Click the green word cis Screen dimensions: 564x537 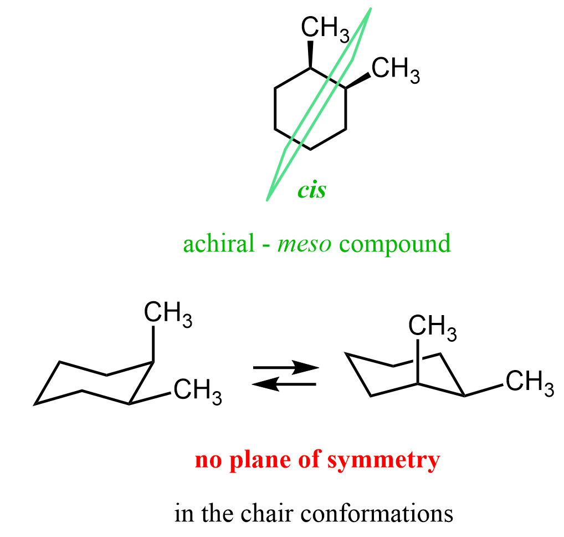pos(312,190)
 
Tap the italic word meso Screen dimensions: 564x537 pos(304,244)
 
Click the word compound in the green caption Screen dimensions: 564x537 pos(395,245)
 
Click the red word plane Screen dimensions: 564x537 pos(260,460)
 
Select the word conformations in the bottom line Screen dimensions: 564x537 pos(377,513)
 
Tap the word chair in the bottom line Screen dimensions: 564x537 pos(268,513)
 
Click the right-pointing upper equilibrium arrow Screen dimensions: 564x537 pos(286,367)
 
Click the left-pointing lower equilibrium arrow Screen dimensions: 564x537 pos(284,384)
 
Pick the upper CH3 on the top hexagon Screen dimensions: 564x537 pos(325,29)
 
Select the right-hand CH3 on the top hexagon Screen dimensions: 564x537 pos(396,70)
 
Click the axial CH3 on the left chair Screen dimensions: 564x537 pos(168,315)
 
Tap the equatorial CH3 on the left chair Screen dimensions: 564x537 pos(198,392)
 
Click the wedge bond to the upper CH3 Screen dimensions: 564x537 pos(310,54)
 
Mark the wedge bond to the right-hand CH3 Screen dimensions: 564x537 pos(358,80)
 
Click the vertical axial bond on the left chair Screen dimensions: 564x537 pos(153,344)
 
